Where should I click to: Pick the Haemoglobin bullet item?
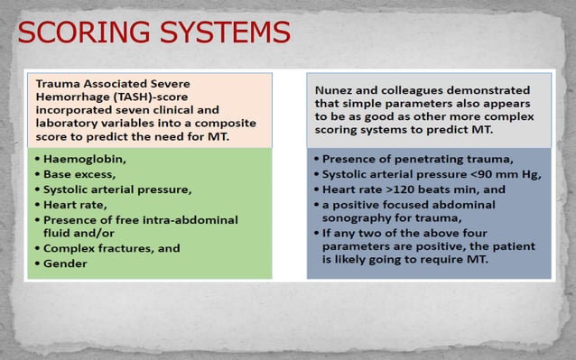[81, 160]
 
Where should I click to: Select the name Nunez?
[335, 90]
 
